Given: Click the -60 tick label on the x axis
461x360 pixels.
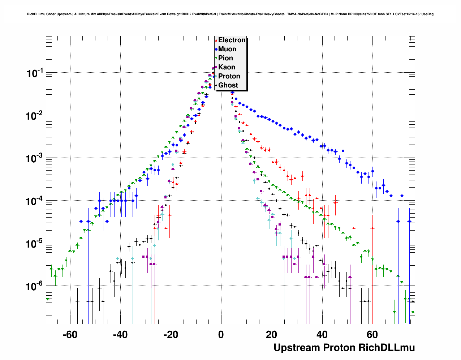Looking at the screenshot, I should pyautogui.click(x=70, y=335).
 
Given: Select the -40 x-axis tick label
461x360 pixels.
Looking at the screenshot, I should pyautogui.click(x=120, y=335).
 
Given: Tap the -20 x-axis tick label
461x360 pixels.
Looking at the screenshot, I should pyautogui.click(x=171, y=335).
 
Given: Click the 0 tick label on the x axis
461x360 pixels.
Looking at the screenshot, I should pyautogui.click(x=221, y=335).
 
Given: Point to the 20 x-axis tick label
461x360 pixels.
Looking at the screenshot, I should pyautogui.click(x=271, y=335).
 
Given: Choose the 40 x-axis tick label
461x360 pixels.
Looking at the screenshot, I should pyautogui.click(x=322, y=335).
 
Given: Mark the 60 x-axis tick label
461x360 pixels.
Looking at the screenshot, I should pyautogui.click(x=372, y=335).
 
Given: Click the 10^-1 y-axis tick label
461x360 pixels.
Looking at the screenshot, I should pyautogui.click(x=35, y=73).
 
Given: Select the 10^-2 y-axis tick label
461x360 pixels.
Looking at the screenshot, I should pyautogui.click(x=35, y=116).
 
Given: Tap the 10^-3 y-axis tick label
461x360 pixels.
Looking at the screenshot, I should pyautogui.click(x=35, y=159).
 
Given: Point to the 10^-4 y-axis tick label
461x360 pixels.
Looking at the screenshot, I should pyautogui.click(x=35, y=201).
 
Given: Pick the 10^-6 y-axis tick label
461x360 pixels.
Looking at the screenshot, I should pyautogui.click(x=35, y=287).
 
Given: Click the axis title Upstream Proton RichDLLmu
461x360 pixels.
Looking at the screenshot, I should pyautogui.click(x=344, y=348).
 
